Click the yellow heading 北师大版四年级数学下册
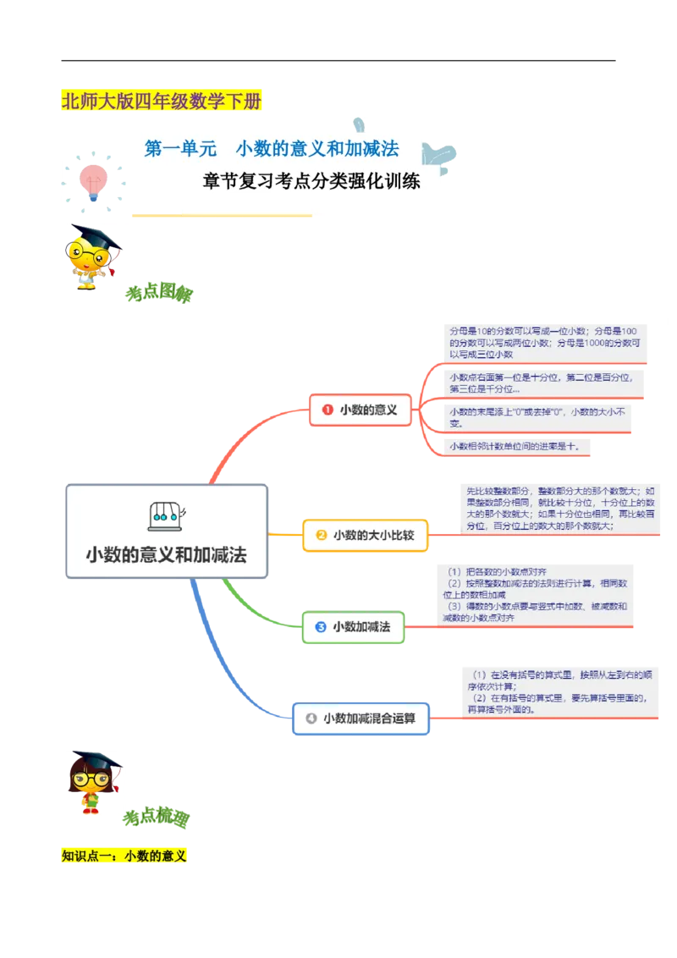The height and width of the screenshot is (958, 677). (x=162, y=102)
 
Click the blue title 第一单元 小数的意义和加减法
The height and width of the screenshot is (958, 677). (x=271, y=150)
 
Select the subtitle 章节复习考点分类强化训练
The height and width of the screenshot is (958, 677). (x=311, y=181)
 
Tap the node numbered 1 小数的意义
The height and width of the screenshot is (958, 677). (x=360, y=410)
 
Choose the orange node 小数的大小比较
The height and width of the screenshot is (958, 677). (x=366, y=535)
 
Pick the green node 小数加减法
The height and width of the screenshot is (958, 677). (x=354, y=627)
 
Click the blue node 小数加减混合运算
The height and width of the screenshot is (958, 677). (x=361, y=718)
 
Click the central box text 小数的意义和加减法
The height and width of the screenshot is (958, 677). (x=167, y=555)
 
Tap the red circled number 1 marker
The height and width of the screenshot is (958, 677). (x=326, y=410)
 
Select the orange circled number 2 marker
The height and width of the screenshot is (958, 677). (x=322, y=535)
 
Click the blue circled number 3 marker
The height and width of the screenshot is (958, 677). (x=321, y=627)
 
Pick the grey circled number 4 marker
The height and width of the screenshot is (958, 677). (x=311, y=718)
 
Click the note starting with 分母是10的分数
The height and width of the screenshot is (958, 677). (x=544, y=342)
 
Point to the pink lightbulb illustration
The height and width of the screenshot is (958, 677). (x=91, y=179)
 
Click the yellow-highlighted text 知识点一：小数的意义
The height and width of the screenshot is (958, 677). (x=124, y=856)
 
